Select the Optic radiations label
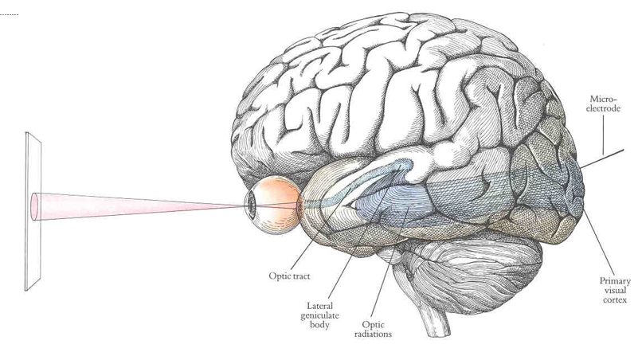click(373, 329)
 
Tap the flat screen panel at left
click(33, 211)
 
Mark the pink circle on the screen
click(33, 205)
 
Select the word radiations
click(373, 334)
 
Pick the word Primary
click(616, 280)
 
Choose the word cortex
click(616, 299)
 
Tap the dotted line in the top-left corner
click(9, 14)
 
